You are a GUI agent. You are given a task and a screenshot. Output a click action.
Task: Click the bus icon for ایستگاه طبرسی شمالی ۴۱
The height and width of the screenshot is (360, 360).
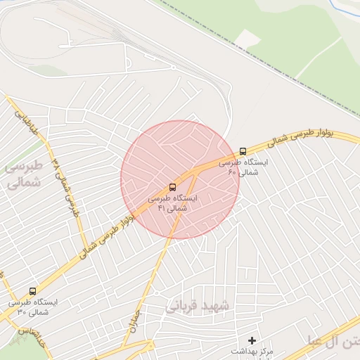pos(173,187)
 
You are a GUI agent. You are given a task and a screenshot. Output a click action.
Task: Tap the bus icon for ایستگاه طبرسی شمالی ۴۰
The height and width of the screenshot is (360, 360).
pos(243,151)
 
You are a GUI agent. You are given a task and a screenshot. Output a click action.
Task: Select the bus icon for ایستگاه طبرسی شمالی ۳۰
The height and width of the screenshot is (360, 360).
pos(32,291)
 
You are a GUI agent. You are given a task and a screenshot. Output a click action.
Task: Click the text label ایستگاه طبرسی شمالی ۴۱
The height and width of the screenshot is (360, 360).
pos(172,203)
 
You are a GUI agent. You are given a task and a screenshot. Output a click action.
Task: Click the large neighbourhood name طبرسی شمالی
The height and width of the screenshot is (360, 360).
pos(23,174)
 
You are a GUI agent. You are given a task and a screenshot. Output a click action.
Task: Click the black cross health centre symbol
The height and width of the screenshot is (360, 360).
pos(252,340)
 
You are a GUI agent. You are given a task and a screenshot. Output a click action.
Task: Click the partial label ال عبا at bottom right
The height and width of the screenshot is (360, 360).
pos(323,342)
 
